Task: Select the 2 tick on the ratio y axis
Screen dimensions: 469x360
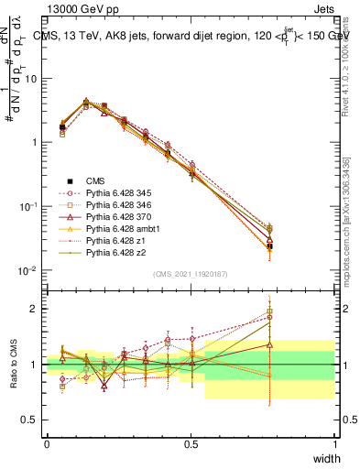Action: [x=35, y=309]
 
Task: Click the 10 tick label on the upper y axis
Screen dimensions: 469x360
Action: [x=30, y=79]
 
